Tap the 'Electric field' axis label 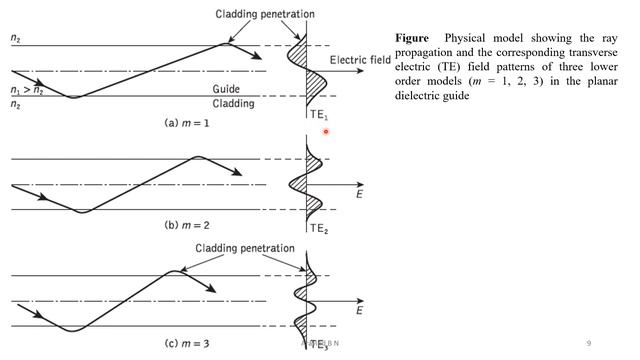click(359, 58)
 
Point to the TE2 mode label click(319, 228)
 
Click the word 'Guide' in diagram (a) click(226, 89)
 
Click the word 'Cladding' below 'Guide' click(233, 102)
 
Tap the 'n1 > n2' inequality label click(26, 90)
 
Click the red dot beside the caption click(326, 131)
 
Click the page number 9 click(589, 344)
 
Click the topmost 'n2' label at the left click(15, 38)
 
